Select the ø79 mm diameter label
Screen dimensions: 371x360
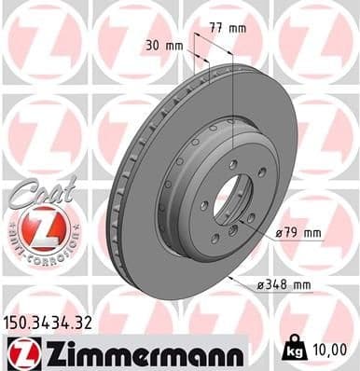pyautogui.click(x=298, y=232)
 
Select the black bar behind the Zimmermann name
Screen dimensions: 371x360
pyautogui.click(x=131, y=352)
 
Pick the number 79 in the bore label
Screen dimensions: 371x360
pyautogui.click(x=295, y=232)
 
